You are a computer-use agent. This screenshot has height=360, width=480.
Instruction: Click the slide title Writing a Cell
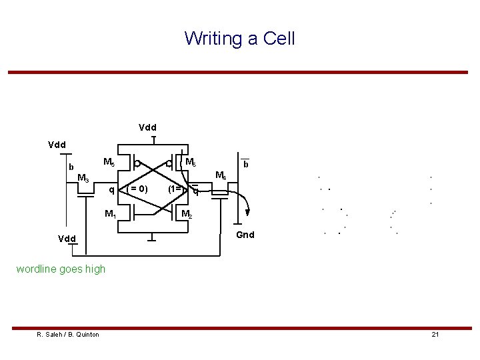click(239, 38)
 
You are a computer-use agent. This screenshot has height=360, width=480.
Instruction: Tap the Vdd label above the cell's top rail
click(147, 127)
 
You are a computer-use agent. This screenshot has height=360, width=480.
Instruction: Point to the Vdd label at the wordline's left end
click(66, 238)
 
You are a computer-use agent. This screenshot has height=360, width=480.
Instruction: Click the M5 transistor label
click(109, 163)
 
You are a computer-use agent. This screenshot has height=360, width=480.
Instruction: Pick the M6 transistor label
click(190, 162)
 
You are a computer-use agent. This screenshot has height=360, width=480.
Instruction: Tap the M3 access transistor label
click(83, 178)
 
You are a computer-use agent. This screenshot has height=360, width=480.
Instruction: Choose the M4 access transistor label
click(221, 177)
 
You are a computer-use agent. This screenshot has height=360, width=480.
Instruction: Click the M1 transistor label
click(110, 214)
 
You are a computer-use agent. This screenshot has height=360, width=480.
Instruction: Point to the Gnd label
click(247, 235)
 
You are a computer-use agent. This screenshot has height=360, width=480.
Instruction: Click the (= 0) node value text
click(138, 189)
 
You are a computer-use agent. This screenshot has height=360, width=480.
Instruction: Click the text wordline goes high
click(70, 269)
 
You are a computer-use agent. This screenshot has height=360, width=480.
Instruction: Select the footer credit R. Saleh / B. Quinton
click(68, 334)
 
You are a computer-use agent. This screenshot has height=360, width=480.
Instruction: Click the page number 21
click(434, 334)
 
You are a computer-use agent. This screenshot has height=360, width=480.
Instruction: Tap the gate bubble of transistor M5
click(135, 163)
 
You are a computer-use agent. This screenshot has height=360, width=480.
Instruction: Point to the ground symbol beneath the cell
click(153, 238)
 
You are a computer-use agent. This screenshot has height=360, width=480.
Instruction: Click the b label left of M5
click(71, 167)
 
